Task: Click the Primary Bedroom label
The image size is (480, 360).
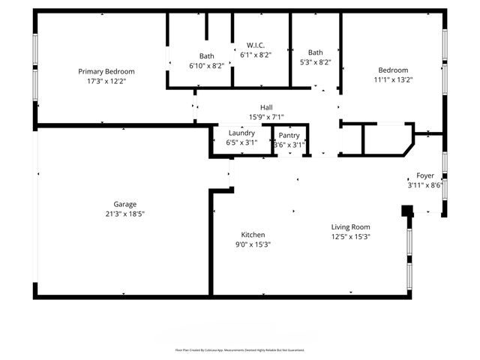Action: tap(112, 71)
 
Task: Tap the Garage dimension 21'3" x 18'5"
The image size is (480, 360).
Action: tap(124, 214)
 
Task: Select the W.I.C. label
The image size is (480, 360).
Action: tap(256, 45)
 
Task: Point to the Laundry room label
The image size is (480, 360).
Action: tap(241, 133)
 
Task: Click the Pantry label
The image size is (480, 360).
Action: tap(289, 135)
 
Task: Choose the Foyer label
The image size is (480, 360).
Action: tap(425, 175)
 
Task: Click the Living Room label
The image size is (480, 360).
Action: tap(351, 226)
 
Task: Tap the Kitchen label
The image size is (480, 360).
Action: tap(253, 234)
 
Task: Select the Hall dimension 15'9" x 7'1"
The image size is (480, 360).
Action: tap(266, 116)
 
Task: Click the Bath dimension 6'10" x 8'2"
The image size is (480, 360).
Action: tap(207, 65)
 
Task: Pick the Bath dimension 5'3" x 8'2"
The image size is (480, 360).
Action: tap(315, 62)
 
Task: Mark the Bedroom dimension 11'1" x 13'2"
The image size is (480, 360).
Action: tap(393, 79)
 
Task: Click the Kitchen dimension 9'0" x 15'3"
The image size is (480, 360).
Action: tap(253, 244)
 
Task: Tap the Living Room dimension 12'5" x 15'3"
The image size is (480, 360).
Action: tap(351, 236)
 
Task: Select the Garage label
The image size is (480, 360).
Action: tap(124, 204)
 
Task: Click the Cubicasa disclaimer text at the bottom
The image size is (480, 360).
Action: tap(239, 349)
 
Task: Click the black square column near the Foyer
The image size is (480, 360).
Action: tap(407, 211)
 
